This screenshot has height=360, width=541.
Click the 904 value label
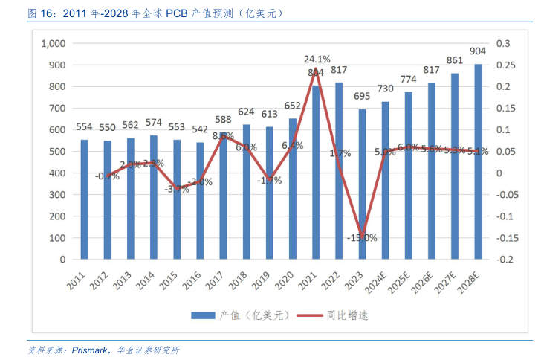[x=479, y=51]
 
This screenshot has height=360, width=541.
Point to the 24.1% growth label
[x=317, y=59]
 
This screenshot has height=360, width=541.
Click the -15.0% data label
[x=361, y=238]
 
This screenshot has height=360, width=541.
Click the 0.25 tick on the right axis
[x=504, y=65]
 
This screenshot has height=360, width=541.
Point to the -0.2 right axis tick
[x=504, y=260]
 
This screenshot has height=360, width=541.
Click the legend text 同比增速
[x=347, y=316]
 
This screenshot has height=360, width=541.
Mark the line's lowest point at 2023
[x=362, y=237]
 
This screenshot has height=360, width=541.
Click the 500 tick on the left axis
[x=58, y=152]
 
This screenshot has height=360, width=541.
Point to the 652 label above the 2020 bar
[x=293, y=105]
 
